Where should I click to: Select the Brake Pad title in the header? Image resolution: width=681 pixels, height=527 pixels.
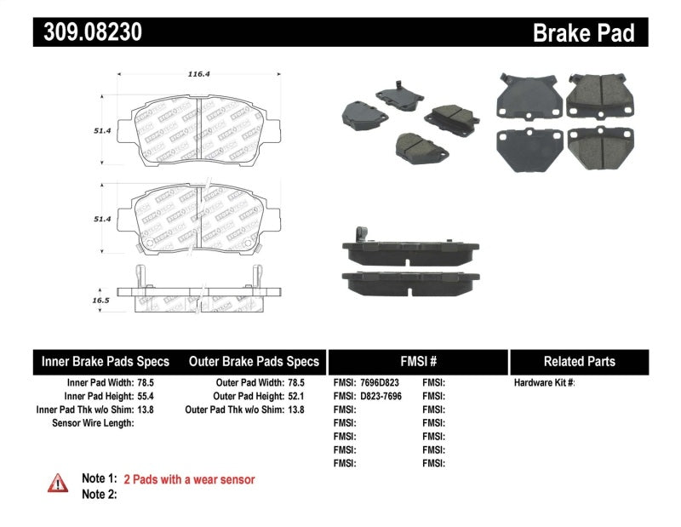(x=583, y=33)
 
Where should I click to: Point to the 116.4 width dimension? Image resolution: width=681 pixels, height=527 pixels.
(x=198, y=74)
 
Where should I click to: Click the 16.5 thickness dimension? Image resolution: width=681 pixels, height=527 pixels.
(x=100, y=301)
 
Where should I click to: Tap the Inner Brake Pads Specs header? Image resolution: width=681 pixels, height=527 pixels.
(x=106, y=361)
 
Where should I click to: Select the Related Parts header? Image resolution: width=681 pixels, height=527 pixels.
(x=579, y=361)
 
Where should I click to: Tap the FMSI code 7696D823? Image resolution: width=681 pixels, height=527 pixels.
(x=380, y=383)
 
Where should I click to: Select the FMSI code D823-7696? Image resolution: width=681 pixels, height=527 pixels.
(x=380, y=396)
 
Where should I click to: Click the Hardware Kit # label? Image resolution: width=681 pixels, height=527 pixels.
(x=544, y=383)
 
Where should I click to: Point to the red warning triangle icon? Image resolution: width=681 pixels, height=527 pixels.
(x=57, y=483)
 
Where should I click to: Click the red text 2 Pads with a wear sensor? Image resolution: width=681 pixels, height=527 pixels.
(x=189, y=479)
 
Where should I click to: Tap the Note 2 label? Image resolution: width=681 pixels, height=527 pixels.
(x=99, y=494)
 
